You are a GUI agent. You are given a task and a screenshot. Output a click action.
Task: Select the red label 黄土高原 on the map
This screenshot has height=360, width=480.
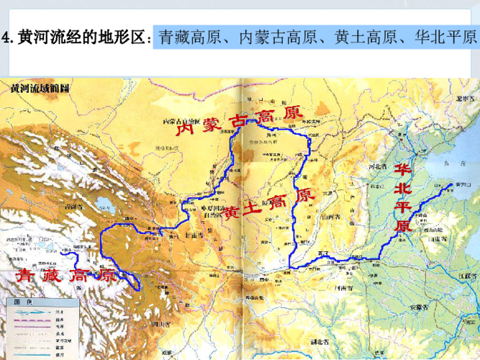pyautogui.click(x=268, y=205)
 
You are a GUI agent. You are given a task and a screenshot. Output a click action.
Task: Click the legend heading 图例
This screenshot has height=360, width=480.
pyautogui.click(x=26, y=302)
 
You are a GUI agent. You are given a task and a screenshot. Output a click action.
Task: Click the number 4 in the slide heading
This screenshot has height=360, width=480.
pyautogui.click(x=6, y=38)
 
